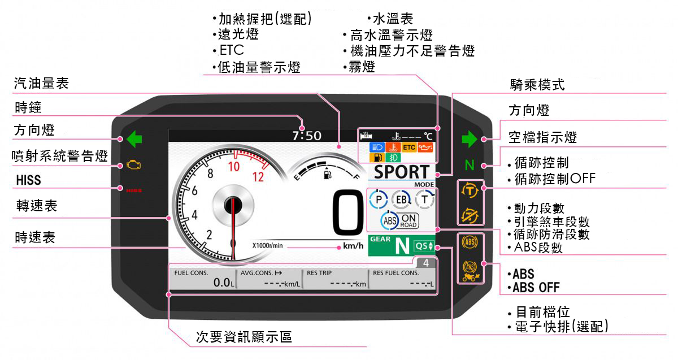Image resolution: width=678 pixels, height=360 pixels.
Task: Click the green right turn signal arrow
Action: [x=470, y=138]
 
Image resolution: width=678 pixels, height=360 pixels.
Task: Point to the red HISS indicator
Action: [x=134, y=190]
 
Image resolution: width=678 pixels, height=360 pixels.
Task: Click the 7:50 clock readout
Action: [x=306, y=136]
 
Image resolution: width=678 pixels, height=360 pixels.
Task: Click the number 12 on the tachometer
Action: [x=258, y=176]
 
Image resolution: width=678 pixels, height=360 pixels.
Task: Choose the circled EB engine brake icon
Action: [x=401, y=199]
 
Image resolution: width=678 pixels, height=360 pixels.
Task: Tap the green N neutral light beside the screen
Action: [x=469, y=166]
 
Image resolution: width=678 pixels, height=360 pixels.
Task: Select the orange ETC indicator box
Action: [x=409, y=148]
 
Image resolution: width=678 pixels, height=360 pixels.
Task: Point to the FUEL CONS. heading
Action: [x=191, y=272]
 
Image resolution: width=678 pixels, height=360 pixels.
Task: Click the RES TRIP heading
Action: [x=319, y=272]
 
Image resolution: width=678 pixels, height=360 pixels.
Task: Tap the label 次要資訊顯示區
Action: [x=244, y=337]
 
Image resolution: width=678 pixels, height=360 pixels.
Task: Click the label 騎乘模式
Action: [x=536, y=85]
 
